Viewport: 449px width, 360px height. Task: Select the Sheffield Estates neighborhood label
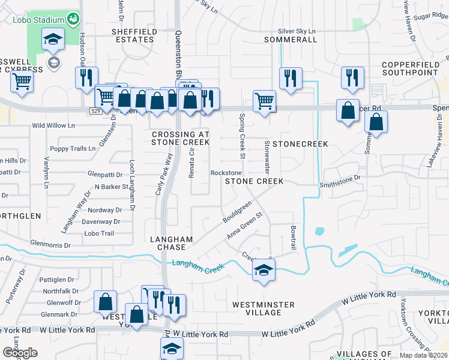133,35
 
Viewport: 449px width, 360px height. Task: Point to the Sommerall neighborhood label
291,40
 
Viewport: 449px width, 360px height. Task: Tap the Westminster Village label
264,308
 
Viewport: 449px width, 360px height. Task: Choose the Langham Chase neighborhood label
171,243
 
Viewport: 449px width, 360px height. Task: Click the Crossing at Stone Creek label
181,139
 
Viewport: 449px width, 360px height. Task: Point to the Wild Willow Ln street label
53,126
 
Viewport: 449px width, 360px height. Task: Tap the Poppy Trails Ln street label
73,148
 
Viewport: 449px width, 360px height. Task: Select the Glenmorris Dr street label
50,245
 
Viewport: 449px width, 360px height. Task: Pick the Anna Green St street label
245,224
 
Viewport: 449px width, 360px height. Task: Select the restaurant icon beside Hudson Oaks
86,77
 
